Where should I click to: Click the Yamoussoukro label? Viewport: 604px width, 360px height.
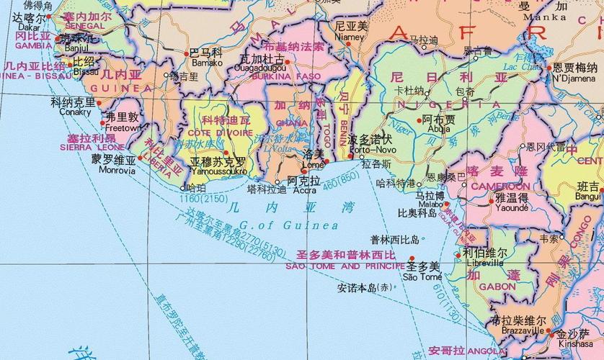click(x=219, y=172)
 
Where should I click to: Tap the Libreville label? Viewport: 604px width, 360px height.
click(x=484, y=263)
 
